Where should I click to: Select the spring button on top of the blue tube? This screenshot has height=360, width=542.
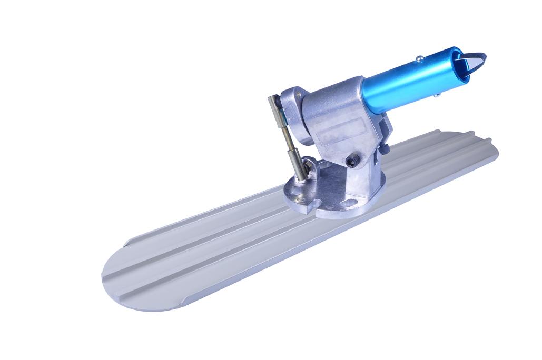[x=420, y=58]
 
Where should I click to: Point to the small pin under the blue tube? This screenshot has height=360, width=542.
[x=437, y=95]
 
